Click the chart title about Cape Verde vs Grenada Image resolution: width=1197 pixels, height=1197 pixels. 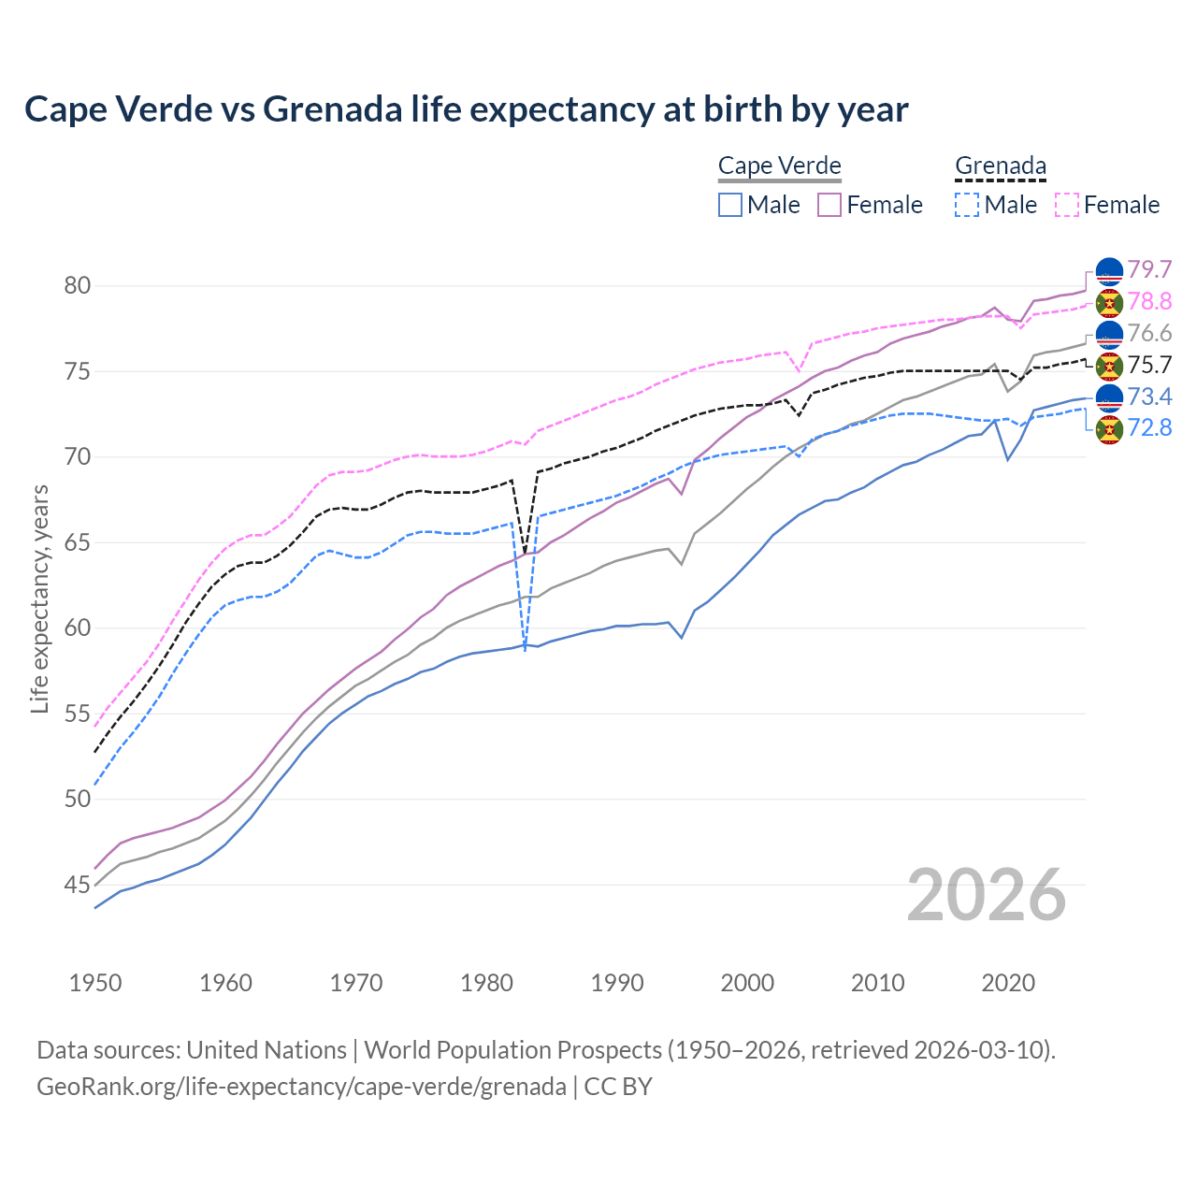(466, 109)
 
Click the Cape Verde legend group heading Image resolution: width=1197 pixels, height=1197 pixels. (779, 166)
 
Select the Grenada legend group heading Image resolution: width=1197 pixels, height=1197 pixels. (1000, 166)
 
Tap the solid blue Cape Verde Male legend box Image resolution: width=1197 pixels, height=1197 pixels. (730, 205)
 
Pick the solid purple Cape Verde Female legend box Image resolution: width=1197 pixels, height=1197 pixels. (829, 205)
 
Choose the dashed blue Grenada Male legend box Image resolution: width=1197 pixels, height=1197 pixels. (967, 205)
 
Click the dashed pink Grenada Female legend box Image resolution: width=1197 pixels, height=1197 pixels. (1067, 205)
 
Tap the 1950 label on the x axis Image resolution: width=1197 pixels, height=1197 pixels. (95, 983)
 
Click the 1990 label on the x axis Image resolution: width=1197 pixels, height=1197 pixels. (617, 983)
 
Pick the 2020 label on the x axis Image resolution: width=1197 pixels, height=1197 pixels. (1008, 983)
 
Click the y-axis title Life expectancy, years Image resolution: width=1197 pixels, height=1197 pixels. (39, 598)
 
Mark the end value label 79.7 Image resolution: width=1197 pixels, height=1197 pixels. (1149, 269)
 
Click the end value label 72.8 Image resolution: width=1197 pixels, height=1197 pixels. (1149, 428)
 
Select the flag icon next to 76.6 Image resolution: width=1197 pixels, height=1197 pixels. (1109, 334)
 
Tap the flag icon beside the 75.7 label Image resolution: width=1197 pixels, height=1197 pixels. (1109, 366)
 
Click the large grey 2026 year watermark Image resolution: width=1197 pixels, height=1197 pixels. (986, 895)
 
